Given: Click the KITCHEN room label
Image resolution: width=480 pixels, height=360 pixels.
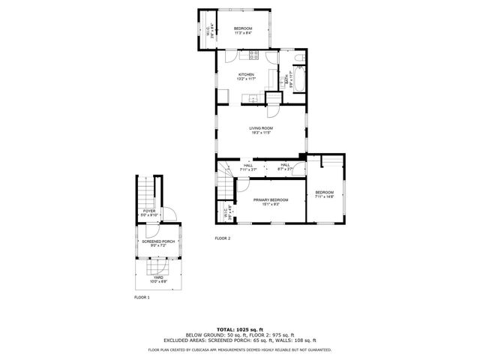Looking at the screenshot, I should point(246,74).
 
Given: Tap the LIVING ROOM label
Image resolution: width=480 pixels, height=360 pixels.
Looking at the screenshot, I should point(261,128).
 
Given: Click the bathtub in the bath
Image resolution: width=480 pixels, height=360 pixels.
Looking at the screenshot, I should point(295,79).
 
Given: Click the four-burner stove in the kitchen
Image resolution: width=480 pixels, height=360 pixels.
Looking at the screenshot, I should point(253,54).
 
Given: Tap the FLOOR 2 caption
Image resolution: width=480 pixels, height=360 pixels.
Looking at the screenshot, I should point(223,238).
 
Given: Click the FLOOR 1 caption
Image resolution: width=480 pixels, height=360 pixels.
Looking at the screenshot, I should point(142,298).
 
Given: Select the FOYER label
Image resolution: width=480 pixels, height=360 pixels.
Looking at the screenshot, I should point(150,211).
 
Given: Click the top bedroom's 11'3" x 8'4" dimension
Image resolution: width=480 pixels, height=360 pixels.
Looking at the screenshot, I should point(242,33).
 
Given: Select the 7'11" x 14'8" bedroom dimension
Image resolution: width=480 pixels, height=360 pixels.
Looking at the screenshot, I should point(325,197).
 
